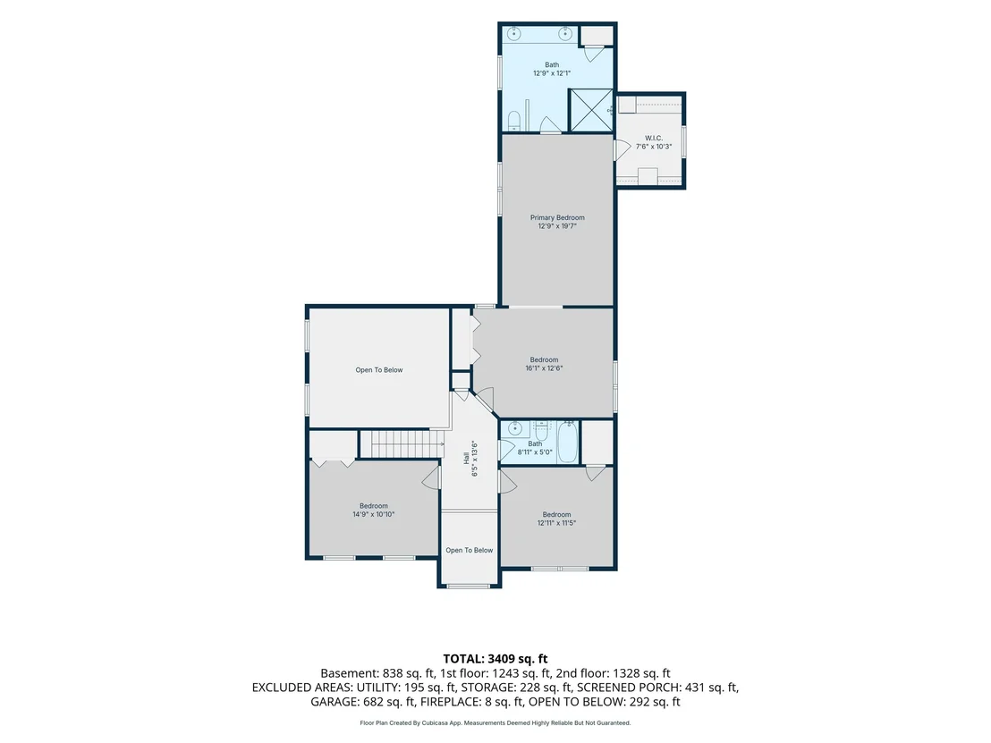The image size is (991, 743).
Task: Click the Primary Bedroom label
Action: [x=557, y=217]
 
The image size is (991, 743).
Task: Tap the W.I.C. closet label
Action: [x=654, y=138]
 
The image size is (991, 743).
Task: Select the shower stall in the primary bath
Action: [x=591, y=110]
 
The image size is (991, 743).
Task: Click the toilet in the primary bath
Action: [x=513, y=121]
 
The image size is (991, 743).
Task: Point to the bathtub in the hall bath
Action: [x=568, y=442]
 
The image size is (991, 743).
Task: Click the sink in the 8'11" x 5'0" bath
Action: [x=514, y=428]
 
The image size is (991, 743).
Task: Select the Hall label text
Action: [x=466, y=458]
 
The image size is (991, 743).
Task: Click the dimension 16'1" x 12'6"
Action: [x=544, y=368]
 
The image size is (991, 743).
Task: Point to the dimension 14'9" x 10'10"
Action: [x=374, y=514]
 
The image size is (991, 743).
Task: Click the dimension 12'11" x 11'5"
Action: [x=557, y=523]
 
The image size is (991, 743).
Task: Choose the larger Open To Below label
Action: [x=378, y=370]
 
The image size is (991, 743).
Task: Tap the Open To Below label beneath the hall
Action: [x=469, y=550]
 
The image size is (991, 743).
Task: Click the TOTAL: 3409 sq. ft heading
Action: [x=495, y=659]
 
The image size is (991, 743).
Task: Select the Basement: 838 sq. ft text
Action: [x=377, y=673]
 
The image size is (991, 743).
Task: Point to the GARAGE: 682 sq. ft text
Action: [x=362, y=702]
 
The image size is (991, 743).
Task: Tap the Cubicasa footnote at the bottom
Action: [x=495, y=722]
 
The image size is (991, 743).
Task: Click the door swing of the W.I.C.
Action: [x=622, y=149]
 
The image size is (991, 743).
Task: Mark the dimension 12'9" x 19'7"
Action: [x=557, y=226]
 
